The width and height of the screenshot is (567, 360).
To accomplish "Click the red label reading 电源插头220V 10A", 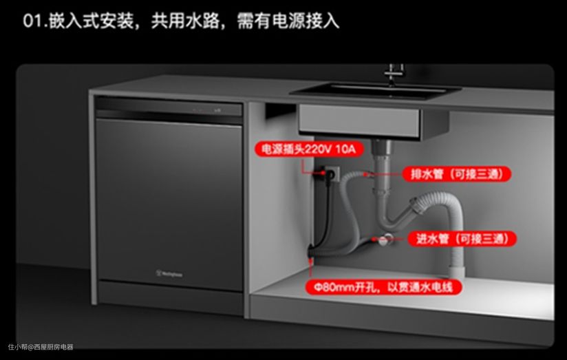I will (x=304, y=148).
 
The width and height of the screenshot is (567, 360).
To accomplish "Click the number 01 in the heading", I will (x=34, y=21).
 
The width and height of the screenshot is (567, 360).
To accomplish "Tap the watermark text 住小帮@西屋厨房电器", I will (x=41, y=347).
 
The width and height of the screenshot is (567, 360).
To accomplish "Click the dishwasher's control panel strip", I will (x=169, y=109).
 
